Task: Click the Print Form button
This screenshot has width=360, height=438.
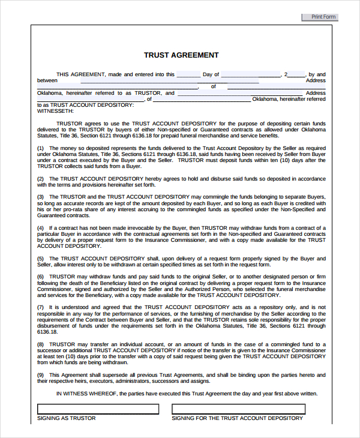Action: [320, 17]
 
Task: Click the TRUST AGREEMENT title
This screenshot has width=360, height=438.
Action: [181, 55]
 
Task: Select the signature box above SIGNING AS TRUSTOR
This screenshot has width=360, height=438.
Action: [98, 409]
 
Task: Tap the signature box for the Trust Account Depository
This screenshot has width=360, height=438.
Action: [238, 409]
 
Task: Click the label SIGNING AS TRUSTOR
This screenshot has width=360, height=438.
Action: [67, 418]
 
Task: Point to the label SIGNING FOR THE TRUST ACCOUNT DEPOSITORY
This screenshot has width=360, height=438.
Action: [237, 418]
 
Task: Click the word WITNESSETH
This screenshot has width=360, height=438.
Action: [55, 111]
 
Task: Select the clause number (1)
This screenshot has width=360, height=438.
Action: [40, 148]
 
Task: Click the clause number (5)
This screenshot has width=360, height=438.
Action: [40, 258]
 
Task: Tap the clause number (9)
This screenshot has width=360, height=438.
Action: [40, 374]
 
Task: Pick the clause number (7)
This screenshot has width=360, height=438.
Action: [40, 307]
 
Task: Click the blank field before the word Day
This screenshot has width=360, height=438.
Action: [188, 75]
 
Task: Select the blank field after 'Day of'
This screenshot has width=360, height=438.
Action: [251, 75]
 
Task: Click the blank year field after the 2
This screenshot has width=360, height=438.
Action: [297, 75]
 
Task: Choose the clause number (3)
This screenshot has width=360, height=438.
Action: [40, 197]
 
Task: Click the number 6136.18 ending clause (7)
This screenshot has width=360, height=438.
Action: [47, 331]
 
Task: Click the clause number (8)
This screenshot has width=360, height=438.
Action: [40, 344]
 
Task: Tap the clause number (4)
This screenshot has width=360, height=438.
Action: [40, 227]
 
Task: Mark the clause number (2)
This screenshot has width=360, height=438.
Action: [40, 179]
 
